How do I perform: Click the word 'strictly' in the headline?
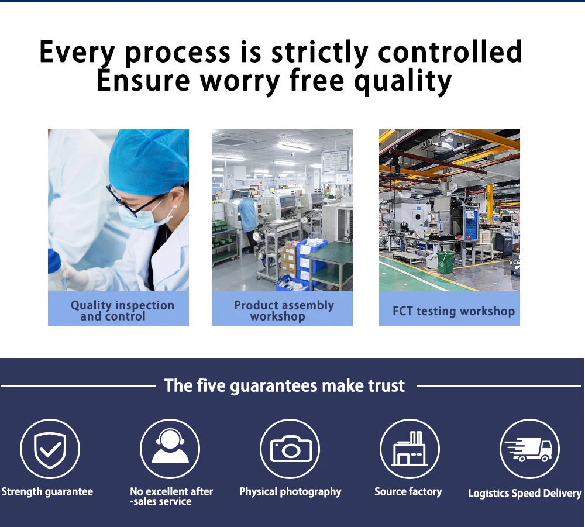pyautogui.click(x=319, y=52)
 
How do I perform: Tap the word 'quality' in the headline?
pyautogui.click(x=403, y=81)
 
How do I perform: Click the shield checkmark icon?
pyautogui.click(x=50, y=449)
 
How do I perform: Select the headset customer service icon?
pyautogui.click(x=170, y=449)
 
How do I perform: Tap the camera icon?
pyautogui.click(x=290, y=449)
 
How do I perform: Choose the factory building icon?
pyautogui.click(x=409, y=449)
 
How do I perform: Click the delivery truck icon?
pyautogui.click(x=530, y=449)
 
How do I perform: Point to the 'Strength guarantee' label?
pyautogui.click(x=47, y=492)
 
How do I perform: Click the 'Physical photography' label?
pyautogui.click(x=290, y=492)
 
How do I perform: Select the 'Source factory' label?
pyautogui.click(x=408, y=492)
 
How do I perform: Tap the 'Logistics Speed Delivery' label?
pyautogui.click(x=525, y=494)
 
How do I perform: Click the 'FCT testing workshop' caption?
pyautogui.click(x=454, y=311)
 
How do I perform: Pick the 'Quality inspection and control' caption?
pyautogui.click(x=122, y=311)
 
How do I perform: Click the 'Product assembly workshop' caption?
pyautogui.click(x=284, y=311)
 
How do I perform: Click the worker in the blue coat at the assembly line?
pyautogui.click(x=247, y=224)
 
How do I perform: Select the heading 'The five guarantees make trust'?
pyautogui.click(x=284, y=385)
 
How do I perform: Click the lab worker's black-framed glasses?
pyautogui.click(x=135, y=201)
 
